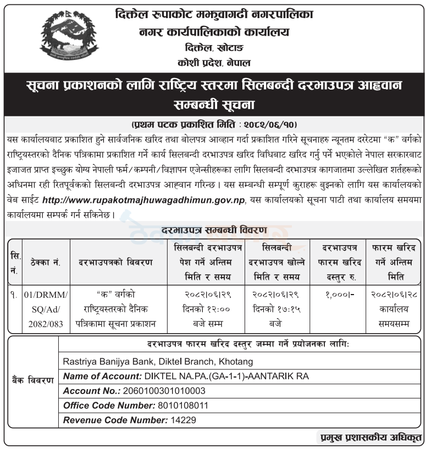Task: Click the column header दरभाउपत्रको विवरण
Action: click(115, 262)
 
